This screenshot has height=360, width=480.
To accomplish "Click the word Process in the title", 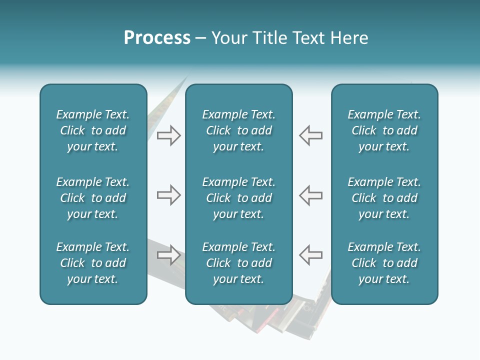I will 157,38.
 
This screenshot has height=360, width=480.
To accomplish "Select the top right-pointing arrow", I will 168,135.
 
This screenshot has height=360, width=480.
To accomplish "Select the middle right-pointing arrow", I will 168,195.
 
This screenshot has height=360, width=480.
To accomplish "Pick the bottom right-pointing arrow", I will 168,255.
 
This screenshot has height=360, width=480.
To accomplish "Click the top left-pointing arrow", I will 310,135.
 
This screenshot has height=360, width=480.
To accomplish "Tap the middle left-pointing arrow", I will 310,195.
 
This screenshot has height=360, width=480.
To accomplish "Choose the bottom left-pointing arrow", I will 310,255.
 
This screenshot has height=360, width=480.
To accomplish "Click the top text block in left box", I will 93,130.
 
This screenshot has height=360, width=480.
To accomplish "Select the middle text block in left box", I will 93,198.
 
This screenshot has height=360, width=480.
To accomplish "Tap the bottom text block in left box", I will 93,263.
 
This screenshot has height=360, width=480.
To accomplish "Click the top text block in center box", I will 239,130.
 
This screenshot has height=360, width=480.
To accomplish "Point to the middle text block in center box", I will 239,198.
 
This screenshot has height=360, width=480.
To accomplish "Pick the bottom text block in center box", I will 239,263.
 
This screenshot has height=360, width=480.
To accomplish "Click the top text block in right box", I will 384,130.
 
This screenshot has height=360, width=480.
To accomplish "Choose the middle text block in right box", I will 384,198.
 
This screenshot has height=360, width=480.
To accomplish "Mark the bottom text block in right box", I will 384,263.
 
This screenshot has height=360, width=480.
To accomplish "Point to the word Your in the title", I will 229,38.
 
